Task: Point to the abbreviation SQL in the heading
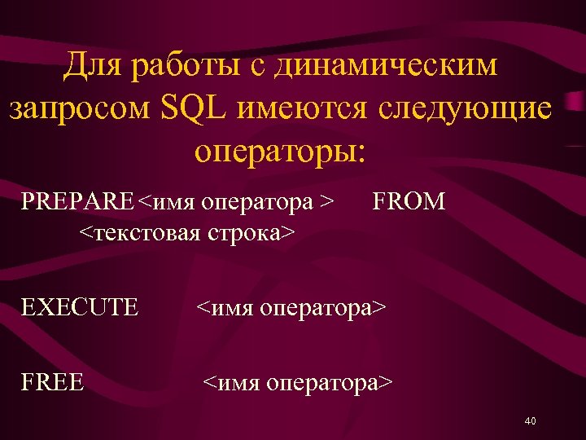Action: pyautogui.click(x=195, y=108)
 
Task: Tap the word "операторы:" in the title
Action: pyautogui.click(x=282, y=151)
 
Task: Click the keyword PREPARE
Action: pyautogui.click(x=77, y=200)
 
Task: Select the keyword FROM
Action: pyautogui.click(x=409, y=200)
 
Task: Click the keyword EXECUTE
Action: pyautogui.click(x=80, y=307)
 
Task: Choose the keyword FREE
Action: pyautogui.click(x=53, y=381)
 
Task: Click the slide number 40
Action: pyautogui.click(x=530, y=421)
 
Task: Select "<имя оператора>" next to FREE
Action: pyautogui.click(x=297, y=381)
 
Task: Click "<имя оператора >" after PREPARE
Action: pyautogui.click(x=236, y=201)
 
